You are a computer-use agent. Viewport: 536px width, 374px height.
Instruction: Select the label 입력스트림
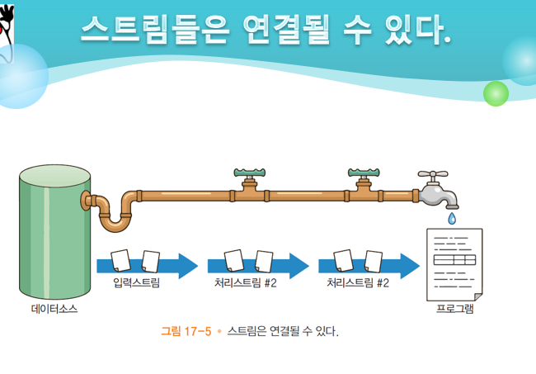[x=137, y=283]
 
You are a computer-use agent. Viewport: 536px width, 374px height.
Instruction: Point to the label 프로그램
[x=454, y=310]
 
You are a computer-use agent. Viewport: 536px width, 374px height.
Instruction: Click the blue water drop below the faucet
[x=452, y=219]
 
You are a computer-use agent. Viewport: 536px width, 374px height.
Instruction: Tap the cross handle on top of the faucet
[x=432, y=175]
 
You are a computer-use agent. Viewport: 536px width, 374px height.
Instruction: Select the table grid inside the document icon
[x=454, y=260]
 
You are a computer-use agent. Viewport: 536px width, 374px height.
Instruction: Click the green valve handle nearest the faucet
[x=364, y=174]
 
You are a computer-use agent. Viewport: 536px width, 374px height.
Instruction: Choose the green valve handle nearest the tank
[x=249, y=174]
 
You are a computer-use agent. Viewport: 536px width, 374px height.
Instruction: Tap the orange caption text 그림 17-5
[x=186, y=331]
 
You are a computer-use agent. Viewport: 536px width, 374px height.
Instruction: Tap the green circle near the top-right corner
[x=496, y=93]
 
